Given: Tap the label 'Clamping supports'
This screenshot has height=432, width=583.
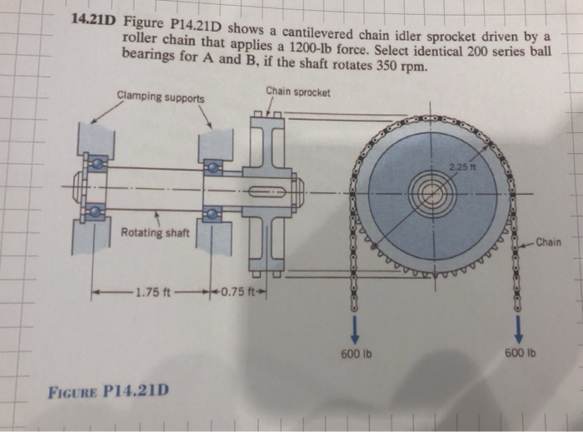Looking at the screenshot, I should tap(161, 97).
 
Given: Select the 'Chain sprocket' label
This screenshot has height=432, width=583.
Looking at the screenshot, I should tap(298, 90).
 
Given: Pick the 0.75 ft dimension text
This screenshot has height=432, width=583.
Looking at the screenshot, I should tap(246, 293).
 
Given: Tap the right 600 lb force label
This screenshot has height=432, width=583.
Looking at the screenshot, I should tap(518, 354).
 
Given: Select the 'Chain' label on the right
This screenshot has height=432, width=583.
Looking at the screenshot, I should tap(549, 242).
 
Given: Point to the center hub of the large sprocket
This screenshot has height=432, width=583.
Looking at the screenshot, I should tap(431, 196).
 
